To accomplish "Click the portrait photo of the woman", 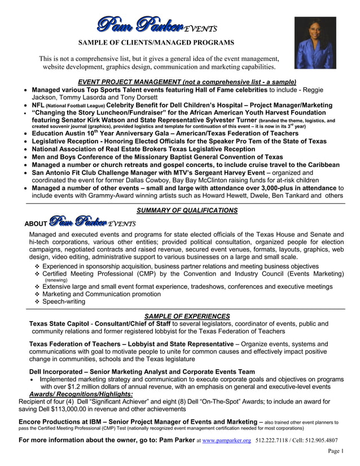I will (315, 42).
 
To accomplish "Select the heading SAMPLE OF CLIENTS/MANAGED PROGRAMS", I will (156, 42).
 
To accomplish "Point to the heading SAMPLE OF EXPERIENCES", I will (187, 316).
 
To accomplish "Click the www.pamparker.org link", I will (226, 440).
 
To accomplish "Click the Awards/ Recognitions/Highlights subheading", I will (81, 394).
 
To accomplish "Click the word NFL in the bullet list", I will (38, 105).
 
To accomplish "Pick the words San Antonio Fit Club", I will (69, 173).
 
